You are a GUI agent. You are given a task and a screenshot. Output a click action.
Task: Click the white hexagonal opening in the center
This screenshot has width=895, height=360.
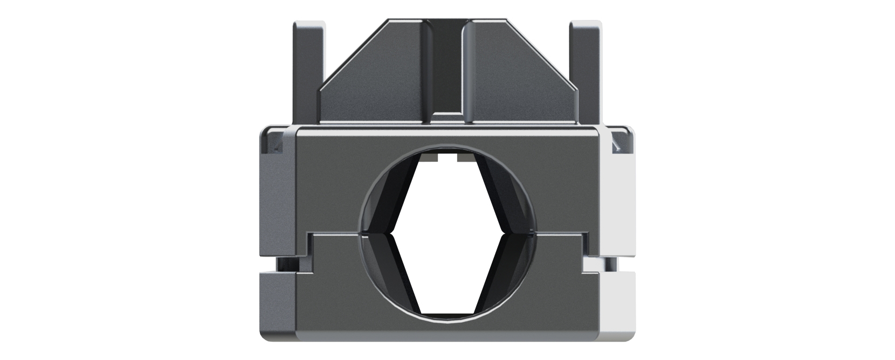coord(448,237)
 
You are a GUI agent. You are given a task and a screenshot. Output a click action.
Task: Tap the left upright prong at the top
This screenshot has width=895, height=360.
coord(308,70)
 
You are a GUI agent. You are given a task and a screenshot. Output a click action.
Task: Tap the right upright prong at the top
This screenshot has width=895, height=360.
coord(585,70)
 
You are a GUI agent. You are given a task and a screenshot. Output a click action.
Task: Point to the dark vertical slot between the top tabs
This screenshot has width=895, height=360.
coord(447,65)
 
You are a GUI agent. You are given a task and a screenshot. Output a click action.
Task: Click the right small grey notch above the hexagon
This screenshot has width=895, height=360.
coord(465,157)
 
